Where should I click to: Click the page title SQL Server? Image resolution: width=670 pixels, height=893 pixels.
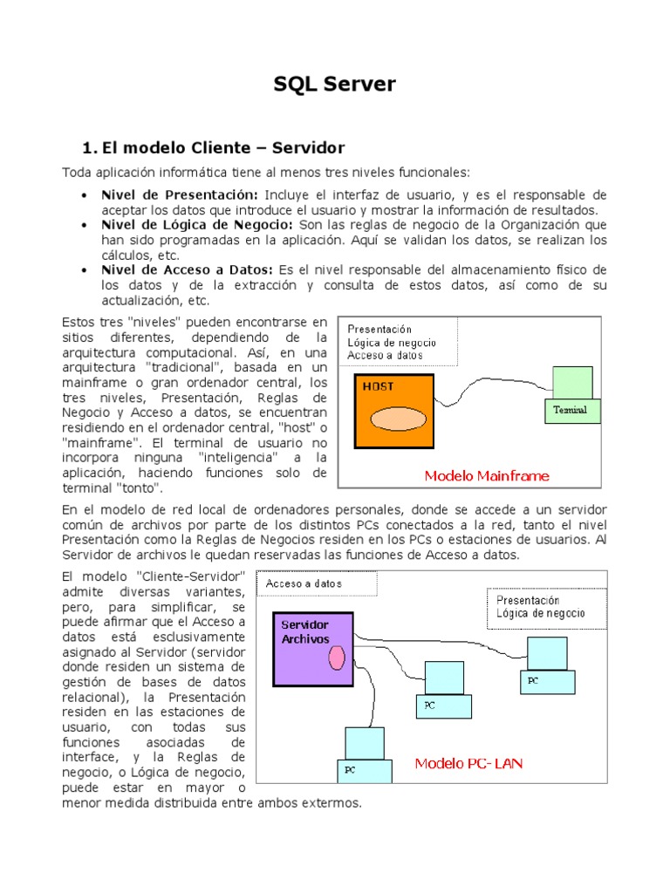point(334,84)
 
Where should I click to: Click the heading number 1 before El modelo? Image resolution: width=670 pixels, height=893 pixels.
point(86,147)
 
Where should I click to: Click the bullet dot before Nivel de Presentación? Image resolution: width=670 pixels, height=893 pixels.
point(83,195)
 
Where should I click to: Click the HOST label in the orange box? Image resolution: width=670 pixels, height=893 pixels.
point(377,385)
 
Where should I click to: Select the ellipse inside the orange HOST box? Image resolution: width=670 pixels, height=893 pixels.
point(396,419)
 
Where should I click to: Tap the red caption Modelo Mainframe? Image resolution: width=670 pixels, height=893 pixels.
point(487,476)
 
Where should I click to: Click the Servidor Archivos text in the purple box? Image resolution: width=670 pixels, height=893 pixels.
point(305,632)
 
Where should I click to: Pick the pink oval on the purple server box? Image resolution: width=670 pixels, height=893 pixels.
point(337,658)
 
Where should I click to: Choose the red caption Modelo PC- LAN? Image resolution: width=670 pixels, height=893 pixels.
point(468,763)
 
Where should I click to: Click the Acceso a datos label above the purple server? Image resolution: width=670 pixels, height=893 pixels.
point(304,583)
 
